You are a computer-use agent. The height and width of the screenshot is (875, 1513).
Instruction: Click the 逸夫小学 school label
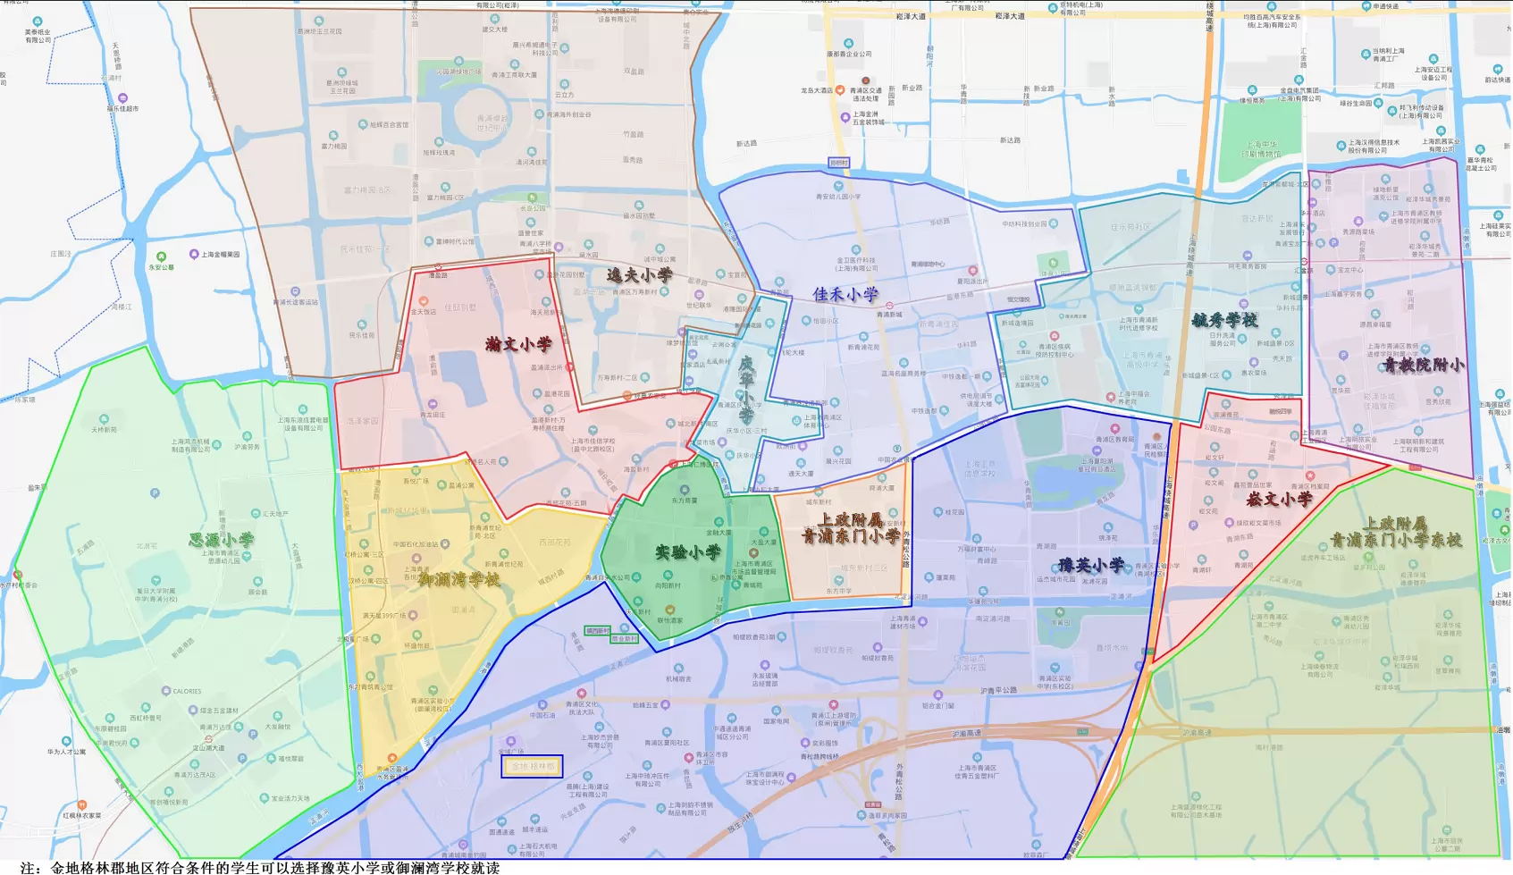click(x=640, y=275)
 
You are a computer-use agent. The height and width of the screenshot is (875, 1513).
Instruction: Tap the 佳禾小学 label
click(x=845, y=294)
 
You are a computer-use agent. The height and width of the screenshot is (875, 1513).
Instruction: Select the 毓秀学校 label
click(x=1224, y=320)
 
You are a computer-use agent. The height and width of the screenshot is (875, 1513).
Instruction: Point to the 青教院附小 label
click(x=1424, y=365)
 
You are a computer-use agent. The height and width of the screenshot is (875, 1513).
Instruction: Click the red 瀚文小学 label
click(x=518, y=344)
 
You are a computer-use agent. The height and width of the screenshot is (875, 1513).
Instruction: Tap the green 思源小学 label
click(x=222, y=540)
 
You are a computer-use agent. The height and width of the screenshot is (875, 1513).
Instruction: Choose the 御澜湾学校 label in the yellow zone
click(x=459, y=579)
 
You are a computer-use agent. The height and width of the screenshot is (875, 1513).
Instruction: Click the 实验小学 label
click(x=687, y=552)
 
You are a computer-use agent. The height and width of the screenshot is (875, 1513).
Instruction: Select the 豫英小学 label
click(x=1091, y=565)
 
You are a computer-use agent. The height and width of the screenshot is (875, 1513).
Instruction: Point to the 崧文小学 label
click(x=1279, y=499)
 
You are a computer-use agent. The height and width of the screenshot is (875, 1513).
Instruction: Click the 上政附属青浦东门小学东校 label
click(x=1395, y=532)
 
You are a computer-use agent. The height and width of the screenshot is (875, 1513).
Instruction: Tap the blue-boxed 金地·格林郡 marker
click(x=532, y=766)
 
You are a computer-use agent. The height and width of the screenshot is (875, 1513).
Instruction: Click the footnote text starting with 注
click(x=259, y=867)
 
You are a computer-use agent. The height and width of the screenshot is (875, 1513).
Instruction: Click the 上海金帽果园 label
click(x=220, y=255)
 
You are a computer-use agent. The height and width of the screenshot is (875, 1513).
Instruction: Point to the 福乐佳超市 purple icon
click(x=122, y=98)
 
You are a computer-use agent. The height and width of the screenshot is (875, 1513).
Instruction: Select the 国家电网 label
click(x=776, y=720)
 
